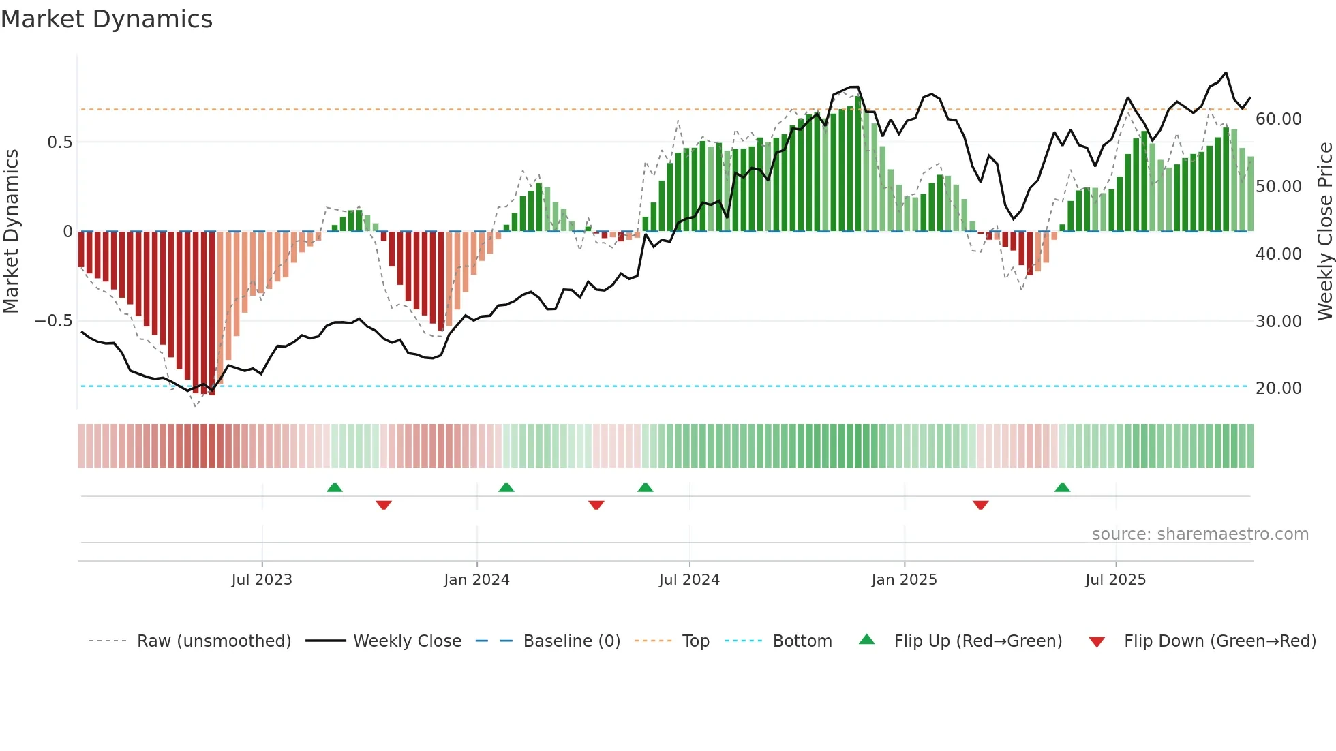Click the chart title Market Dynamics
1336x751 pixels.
coord(106,19)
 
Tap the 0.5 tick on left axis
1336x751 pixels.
coord(59,142)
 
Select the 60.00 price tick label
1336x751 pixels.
coord(1278,119)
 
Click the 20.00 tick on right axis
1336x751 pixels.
coord(1278,388)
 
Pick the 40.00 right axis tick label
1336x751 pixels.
coord(1278,254)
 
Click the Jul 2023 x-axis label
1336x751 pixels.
coord(262,580)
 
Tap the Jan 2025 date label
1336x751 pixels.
coord(904,580)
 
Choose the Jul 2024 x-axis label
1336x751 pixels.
coord(689,580)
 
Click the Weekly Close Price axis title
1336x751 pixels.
coord(1324,231)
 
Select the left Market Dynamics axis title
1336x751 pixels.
coord(11,231)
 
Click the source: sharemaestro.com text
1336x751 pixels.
coord(1200,534)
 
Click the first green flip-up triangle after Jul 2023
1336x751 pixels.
coord(335,488)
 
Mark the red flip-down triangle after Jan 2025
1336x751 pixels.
coord(981,505)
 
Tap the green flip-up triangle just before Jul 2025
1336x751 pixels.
coord(1062,488)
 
